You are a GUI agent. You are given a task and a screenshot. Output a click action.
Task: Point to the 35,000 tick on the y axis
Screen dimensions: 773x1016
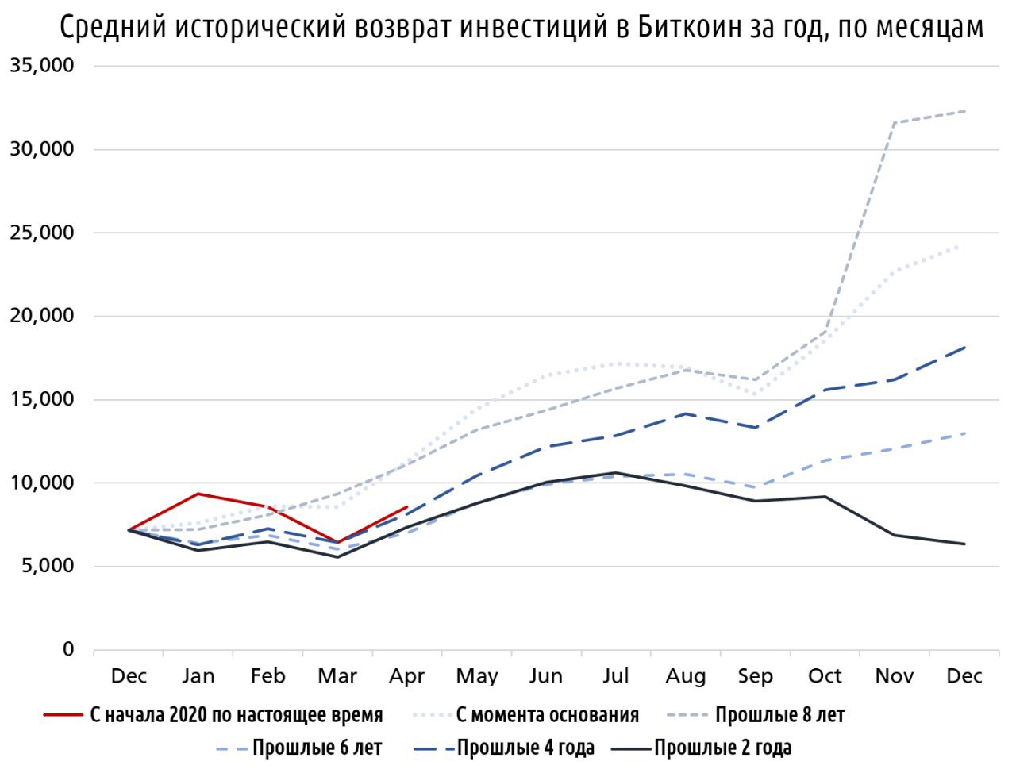(x=42, y=66)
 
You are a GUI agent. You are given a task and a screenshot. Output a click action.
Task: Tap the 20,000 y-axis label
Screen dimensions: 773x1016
(x=42, y=316)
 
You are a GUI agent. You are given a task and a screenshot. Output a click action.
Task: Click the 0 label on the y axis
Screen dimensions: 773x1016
(x=68, y=649)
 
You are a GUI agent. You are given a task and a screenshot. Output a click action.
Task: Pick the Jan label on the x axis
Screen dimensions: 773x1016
(x=198, y=676)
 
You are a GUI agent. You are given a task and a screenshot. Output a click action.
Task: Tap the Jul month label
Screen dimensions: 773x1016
(x=616, y=676)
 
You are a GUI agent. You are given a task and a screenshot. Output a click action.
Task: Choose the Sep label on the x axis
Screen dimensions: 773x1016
(x=755, y=676)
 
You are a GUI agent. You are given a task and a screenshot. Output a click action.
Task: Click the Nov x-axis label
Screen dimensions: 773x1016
(x=895, y=676)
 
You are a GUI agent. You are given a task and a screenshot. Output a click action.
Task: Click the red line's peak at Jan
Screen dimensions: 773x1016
(x=198, y=494)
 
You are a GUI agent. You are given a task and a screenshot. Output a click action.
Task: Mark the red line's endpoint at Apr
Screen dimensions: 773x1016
(x=407, y=506)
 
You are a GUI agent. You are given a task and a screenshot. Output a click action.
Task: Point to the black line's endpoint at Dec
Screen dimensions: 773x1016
(x=964, y=544)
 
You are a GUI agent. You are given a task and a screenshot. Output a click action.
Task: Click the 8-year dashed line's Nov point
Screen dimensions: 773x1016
(x=895, y=123)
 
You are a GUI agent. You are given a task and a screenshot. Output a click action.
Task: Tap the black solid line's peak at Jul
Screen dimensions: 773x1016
(x=616, y=473)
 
